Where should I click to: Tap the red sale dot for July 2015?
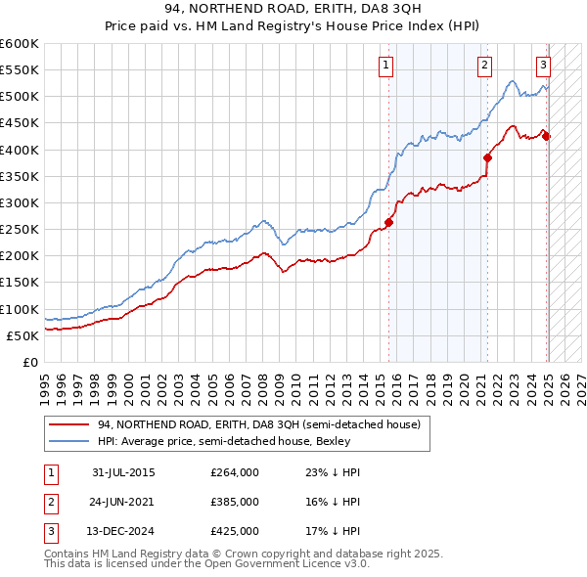pyautogui.click(x=388, y=222)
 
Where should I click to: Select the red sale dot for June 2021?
pyautogui.click(x=487, y=157)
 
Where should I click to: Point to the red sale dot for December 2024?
pyautogui.click(x=546, y=136)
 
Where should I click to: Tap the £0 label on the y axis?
pyautogui.click(x=29, y=362)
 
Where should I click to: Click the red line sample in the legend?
pyautogui.click(x=69, y=424)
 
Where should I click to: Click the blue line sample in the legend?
pyautogui.click(x=69, y=442)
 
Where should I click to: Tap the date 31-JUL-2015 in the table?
pyautogui.click(x=123, y=472)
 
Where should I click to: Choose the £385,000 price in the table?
pyautogui.click(x=235, y=502)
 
